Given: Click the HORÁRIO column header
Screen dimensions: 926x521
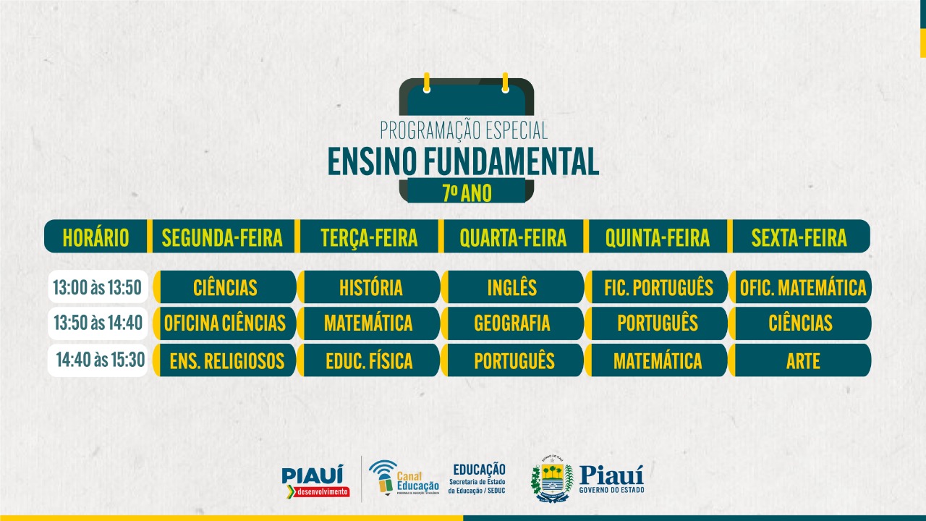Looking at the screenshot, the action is (x=96, y=237).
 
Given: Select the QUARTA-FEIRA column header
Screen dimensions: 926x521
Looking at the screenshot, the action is (x=513, y=237).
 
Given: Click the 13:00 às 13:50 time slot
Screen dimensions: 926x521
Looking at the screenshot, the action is (x=98, y=287).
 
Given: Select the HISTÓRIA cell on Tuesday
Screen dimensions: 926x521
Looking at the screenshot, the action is (x=369, y=287).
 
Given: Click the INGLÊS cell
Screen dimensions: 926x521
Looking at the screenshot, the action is (x=513, y=287).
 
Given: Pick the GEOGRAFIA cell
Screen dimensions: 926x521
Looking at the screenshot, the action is (x=513, y=323).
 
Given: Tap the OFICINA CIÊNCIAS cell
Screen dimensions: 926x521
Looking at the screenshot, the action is (x=225, y=323).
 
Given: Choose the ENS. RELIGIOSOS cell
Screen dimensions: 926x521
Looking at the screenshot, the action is (x=225, y=360).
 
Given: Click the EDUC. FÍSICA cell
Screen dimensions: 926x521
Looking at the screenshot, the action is (x=369, y=360).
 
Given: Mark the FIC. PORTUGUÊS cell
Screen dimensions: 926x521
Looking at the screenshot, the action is (x=656, y=287).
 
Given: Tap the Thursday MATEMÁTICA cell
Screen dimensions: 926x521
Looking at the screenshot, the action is (x=656, y=360).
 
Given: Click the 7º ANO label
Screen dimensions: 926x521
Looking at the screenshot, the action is (x=467, y=192).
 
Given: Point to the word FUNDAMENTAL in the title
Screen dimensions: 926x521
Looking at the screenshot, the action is (x=511, y=161).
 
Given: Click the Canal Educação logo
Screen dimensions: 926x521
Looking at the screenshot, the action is (x=404, y=478).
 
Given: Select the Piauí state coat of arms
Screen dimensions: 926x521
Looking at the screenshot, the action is (x=552, y=479).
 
